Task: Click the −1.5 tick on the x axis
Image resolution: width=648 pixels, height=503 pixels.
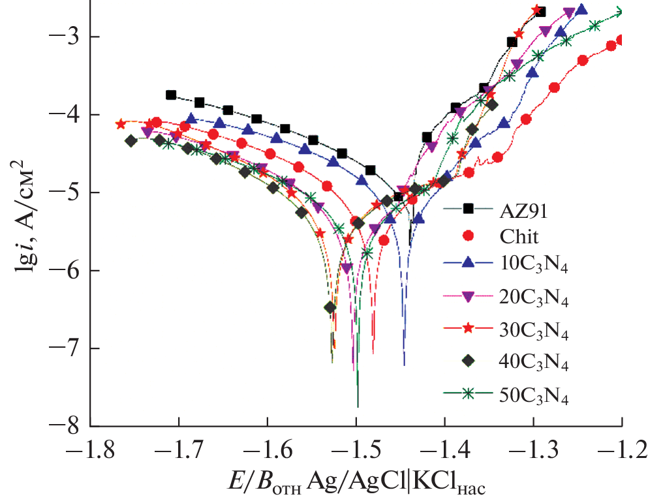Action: coord(356,451)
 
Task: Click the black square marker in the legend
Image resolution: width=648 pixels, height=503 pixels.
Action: coord(467,209)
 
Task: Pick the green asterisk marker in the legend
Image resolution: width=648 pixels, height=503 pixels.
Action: coord(467,393)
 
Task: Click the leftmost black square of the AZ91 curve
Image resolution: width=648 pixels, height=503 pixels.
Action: coord(171,95)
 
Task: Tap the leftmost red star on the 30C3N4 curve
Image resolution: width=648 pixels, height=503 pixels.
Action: coord(120,124)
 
